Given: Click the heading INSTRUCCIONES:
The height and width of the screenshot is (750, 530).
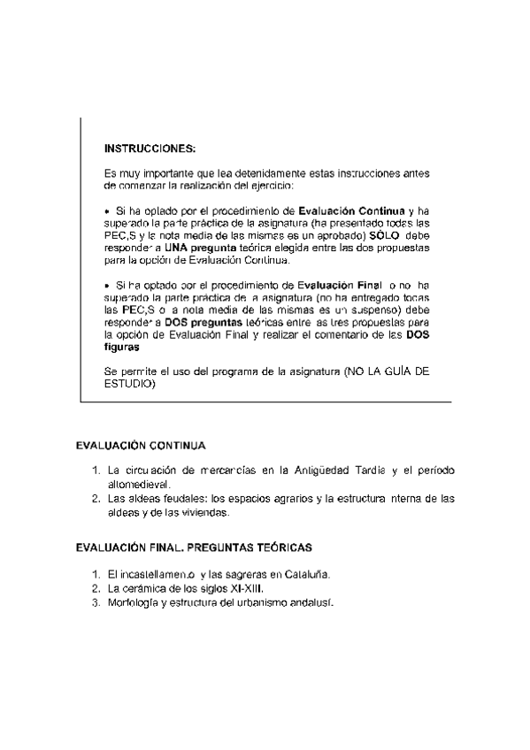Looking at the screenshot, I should [150, 147].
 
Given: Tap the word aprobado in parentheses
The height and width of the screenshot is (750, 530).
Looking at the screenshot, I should [337, 237].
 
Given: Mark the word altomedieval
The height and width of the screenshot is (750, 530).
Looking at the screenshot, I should [137, 485].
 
